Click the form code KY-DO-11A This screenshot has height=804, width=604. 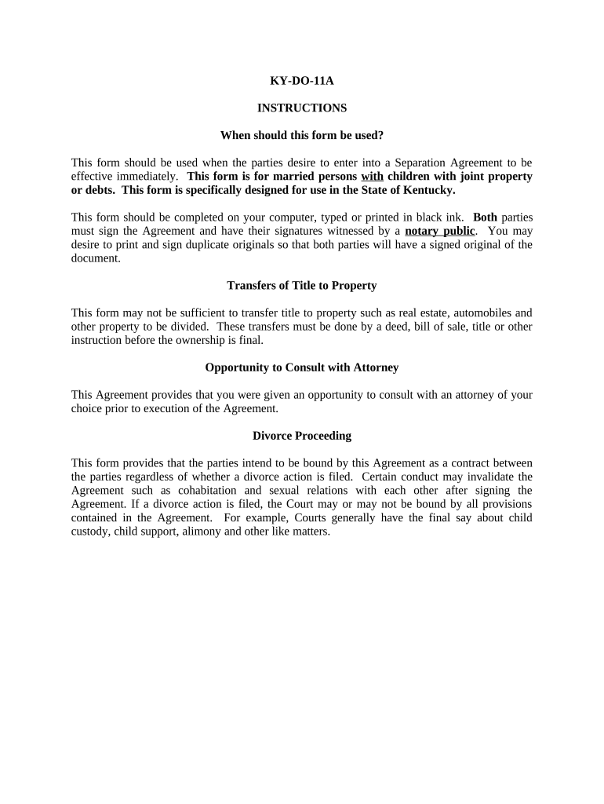coord(302,80)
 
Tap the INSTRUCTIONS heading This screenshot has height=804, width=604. coord(302,108)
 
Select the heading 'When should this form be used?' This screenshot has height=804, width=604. coord(302,135)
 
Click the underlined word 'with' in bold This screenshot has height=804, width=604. coord(372,177)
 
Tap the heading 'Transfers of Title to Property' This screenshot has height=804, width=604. coord(302,285)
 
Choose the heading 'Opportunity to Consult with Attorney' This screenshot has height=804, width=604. coord(302,367)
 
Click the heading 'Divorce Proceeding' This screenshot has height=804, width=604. coord(302,436)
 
